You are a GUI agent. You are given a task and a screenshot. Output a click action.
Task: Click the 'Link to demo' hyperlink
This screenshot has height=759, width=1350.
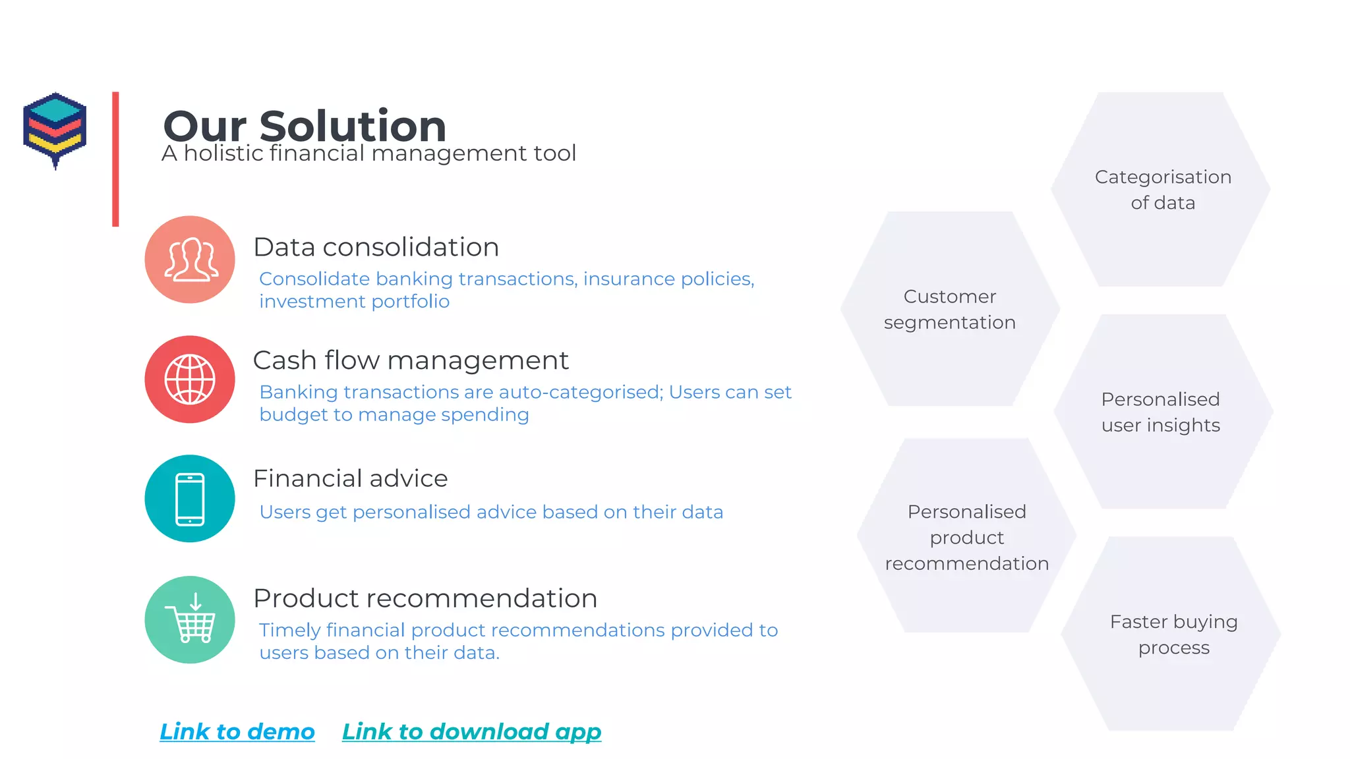237,731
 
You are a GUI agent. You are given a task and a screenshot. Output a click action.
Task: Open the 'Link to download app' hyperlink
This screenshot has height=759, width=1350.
471,731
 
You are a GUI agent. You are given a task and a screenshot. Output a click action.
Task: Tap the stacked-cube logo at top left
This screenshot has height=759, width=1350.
55,129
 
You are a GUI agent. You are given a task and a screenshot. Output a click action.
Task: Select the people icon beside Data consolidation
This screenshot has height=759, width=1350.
190,260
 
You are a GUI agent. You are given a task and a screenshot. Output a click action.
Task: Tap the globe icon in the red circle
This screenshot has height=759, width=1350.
190,379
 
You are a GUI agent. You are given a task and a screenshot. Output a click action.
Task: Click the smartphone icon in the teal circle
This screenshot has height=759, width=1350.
190,499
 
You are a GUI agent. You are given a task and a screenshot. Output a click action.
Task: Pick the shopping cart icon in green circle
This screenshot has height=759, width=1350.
190,620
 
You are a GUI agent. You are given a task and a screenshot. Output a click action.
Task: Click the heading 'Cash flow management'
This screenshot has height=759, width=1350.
410,360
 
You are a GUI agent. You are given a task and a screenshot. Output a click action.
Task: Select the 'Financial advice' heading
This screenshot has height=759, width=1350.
350,478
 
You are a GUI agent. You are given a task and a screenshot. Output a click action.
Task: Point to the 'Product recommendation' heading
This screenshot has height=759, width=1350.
425,598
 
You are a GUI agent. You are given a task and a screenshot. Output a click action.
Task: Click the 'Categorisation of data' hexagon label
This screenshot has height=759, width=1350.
1163,190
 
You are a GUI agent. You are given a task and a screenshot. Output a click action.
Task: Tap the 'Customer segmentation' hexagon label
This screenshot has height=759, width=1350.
949,309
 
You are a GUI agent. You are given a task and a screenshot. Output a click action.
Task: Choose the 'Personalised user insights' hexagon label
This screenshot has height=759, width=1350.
1161,412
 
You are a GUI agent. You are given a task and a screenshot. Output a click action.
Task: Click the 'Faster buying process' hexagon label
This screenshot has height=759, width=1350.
1173,634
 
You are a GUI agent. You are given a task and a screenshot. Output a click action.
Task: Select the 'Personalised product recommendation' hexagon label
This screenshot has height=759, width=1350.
966,537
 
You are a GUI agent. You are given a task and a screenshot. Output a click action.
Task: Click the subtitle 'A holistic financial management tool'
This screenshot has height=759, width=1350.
368,153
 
